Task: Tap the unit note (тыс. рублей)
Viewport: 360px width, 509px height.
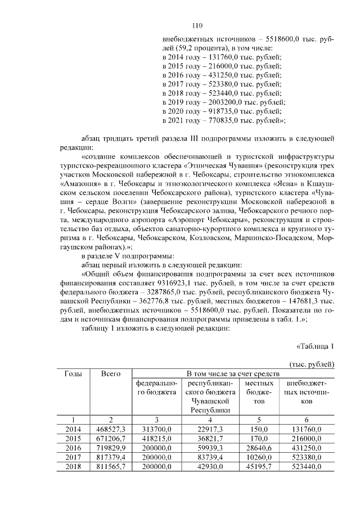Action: tap(312, 364)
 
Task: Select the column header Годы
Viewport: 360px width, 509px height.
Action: tap(73, 374)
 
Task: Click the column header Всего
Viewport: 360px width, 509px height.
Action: tap(111, 374)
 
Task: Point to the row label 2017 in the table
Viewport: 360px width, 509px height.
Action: tap(73, 457)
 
